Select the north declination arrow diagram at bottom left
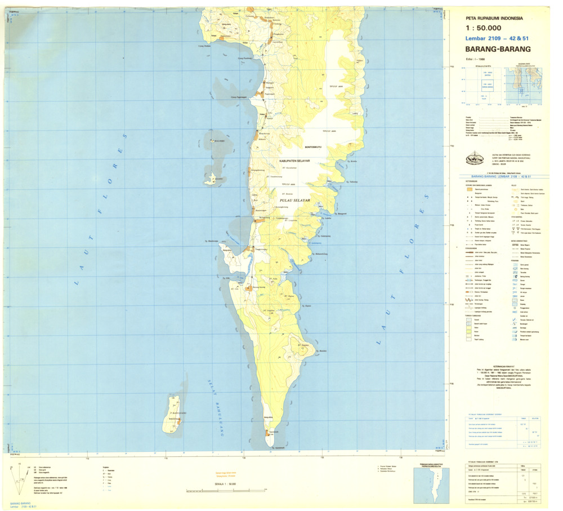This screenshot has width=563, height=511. click(x=23, y=476)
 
